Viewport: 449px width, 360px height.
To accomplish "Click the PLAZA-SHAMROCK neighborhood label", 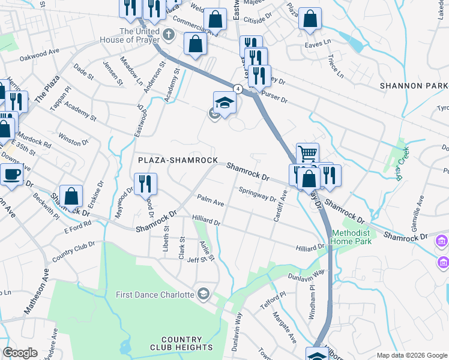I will [178, 160].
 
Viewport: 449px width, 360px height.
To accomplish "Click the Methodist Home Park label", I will [352, 237].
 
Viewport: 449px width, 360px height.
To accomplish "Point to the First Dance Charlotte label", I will [155, 295].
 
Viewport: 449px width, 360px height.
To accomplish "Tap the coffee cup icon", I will [11, 174].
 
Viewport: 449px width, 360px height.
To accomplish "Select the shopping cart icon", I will [307, 154].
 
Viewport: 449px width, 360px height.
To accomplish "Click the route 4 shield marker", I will [238, 89].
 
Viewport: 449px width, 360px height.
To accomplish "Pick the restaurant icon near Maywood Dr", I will [145, 184].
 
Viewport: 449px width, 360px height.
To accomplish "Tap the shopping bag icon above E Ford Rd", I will [71, 196].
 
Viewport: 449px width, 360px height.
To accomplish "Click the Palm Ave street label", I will [211, 200].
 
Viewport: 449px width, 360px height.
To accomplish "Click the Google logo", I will [20, 353].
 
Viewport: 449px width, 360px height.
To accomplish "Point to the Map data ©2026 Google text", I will [411, 355].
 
